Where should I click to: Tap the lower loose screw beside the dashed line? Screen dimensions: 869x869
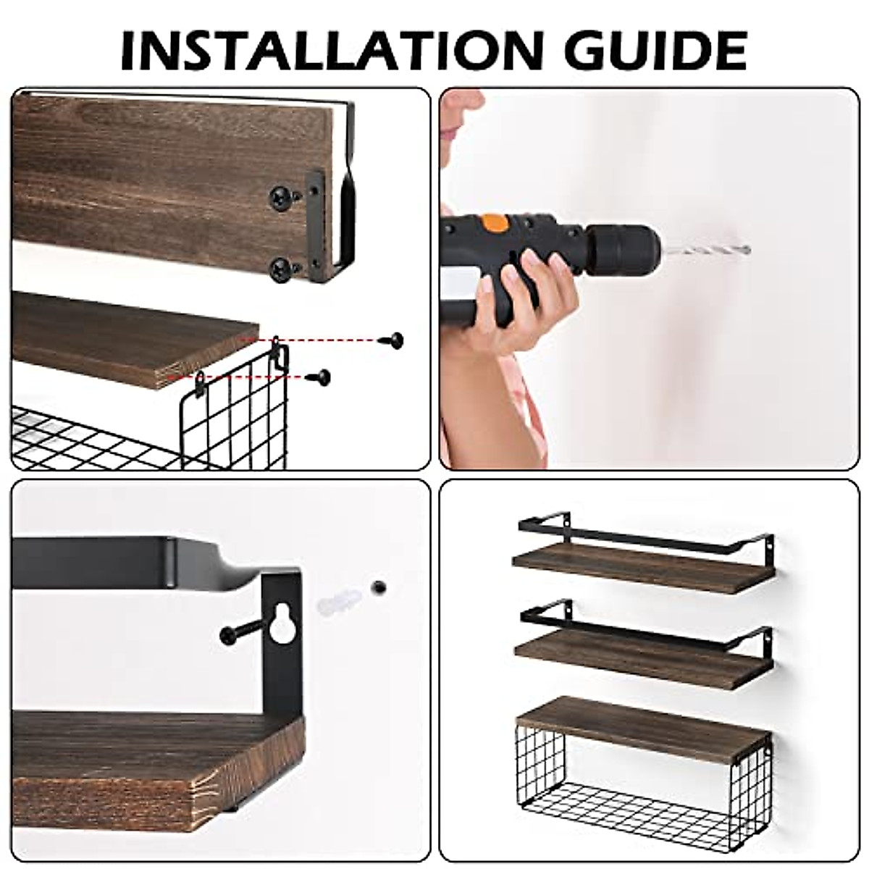(321, 376)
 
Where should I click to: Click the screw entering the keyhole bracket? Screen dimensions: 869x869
(239, 631)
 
